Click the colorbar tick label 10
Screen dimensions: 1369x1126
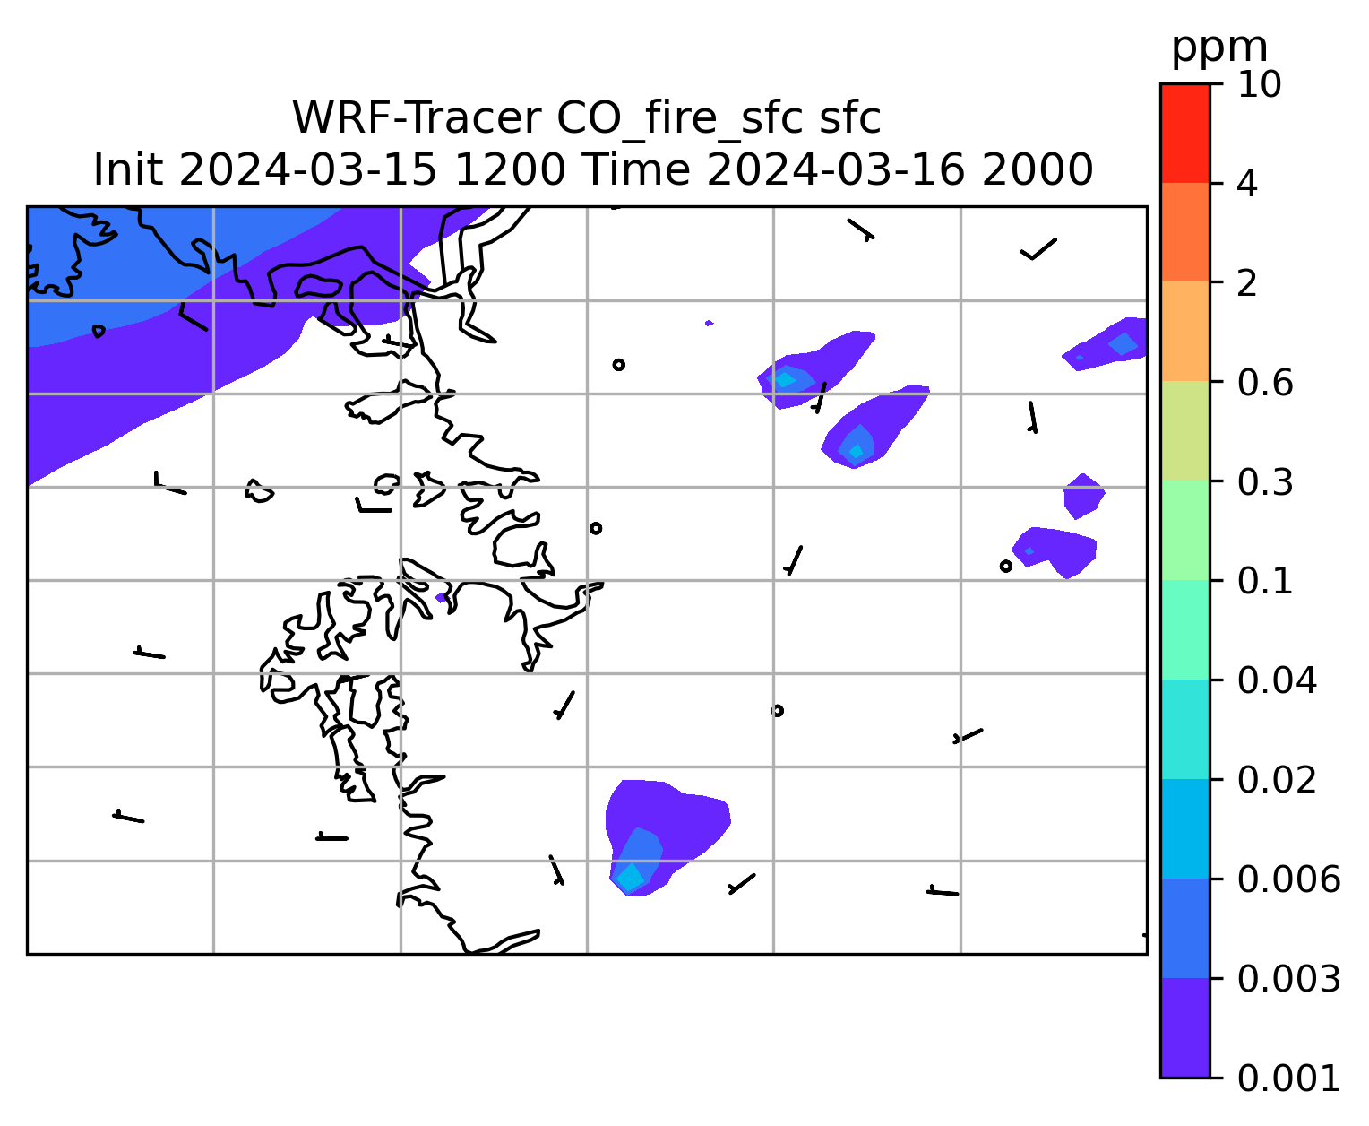click(x=1260, y=84)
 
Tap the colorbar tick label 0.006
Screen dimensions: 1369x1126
click(x=1288, y=879)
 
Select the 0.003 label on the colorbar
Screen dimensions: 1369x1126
click(x=1288, y=979)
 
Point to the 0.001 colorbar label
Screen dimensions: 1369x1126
click(x=1288, y=1078)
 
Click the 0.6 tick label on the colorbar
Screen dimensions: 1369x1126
click(x=1265, y=383)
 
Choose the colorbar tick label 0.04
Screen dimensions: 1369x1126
click(x=1277, y=680)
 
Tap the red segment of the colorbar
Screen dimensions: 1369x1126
click(x=1185, y=133)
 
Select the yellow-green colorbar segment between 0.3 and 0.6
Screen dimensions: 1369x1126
click(x=1185, y=430)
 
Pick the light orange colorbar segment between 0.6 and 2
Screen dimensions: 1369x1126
click(x=1185, y=331)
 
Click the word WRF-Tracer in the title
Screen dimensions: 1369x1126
click(x=416, y=118)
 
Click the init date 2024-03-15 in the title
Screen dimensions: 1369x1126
click(x=307, y=170)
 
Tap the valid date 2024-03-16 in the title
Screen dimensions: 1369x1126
click(x=835, y=170)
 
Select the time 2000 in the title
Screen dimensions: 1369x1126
click(x=1037, y=170)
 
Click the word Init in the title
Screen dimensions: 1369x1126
click(x=128, y=170)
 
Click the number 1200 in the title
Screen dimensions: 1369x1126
click(x=509, y=170)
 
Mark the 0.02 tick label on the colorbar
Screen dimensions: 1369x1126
click(x=1277, y=780)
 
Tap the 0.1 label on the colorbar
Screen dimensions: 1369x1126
click(x=1265, y=581)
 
